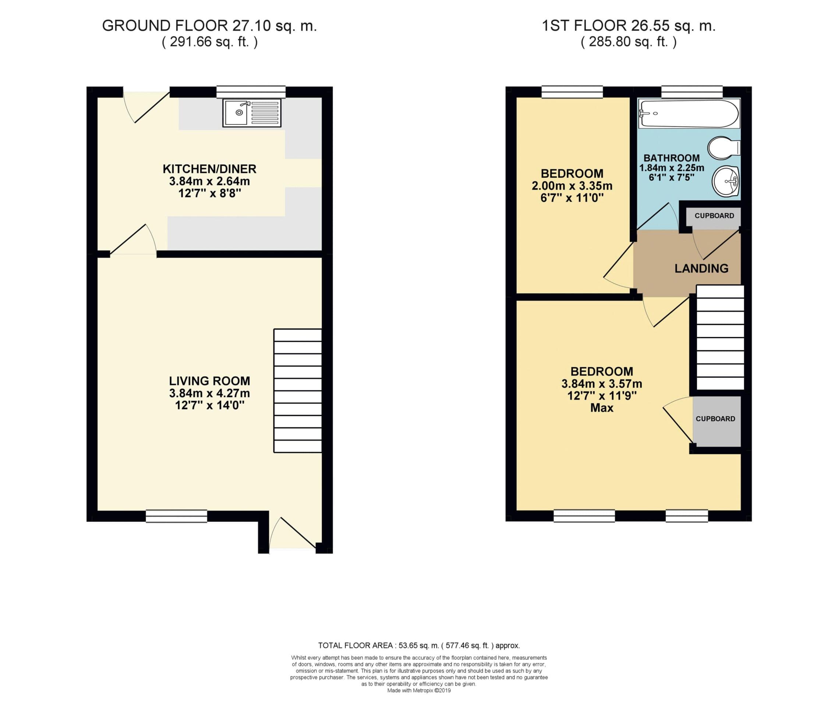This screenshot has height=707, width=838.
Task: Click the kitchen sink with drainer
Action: click(x=252, y=113)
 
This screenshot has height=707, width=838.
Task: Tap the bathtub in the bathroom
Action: click(x=689, y=114)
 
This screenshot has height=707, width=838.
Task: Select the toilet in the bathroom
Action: click(x=724, y=148)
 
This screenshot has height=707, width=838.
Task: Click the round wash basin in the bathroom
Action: click(x=725, y=182)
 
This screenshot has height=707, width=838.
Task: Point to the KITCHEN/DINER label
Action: click(x=209, y=169)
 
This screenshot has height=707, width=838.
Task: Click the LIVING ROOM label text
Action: click(x=209, y=381)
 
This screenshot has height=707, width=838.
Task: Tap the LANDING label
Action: click(x=701, y=268)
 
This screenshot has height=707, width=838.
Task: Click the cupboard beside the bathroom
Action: click(x=714, y=217)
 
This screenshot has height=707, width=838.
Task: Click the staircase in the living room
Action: click(x=298, y=391)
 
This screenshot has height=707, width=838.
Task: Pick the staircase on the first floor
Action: click(x=720, y=337)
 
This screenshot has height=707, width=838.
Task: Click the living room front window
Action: click(x=176, y=516)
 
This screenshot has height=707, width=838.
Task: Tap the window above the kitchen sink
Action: click(x=251, y=92)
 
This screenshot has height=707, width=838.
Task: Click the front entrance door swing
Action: click(x=294, y=533)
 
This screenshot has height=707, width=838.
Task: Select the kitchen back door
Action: click(x=146, y=106)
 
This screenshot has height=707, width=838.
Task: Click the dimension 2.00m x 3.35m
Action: click(x=572, y=186)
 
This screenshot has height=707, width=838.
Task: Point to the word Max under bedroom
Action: click(x=602, y=408)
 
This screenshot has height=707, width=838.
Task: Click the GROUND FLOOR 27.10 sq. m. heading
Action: click(x=209, y=26)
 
